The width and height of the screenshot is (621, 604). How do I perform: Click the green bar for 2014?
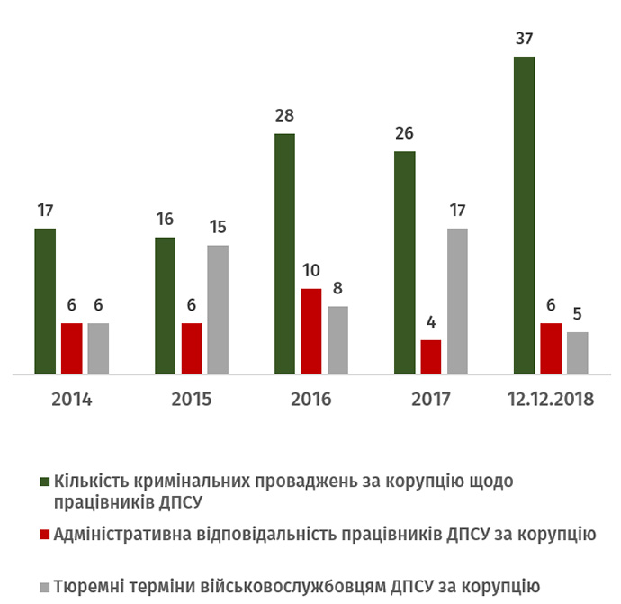click(x=45, y=301)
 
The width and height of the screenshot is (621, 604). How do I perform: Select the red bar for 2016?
click(x=311, y=330)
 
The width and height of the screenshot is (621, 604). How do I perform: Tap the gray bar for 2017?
click(x=457, y=301)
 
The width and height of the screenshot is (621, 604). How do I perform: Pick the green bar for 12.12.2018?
click(x=524, y=214)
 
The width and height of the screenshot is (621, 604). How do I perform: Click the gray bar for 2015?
click(x=218, y=309)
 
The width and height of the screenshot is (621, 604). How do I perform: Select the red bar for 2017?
click(x=431, y=356)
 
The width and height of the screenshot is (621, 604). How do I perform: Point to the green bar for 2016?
click(x=284, y=253)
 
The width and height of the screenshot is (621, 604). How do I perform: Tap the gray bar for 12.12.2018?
click(x=577, y=352)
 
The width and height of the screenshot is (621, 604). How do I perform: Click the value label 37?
click(x=524, y=40)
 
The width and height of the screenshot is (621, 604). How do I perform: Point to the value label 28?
click(x=284, y=116)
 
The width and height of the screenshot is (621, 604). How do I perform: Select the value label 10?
click(x=311, y=271)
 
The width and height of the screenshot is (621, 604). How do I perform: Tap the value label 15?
click(x=218, y=228)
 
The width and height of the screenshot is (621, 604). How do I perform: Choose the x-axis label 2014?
click(x=71, y=399)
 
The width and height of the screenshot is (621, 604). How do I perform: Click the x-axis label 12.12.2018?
click(x=550, y=399)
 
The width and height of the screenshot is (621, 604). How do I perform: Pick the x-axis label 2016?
click(x=310, y=399)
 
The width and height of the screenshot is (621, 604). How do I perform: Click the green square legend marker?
click(x=45, y=481)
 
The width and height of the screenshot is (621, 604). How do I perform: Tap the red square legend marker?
click(x=45, y=534)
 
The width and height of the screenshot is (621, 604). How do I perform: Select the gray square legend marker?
click(x=45, y=587)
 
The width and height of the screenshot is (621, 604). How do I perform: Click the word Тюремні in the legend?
click(x=90, y=587)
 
